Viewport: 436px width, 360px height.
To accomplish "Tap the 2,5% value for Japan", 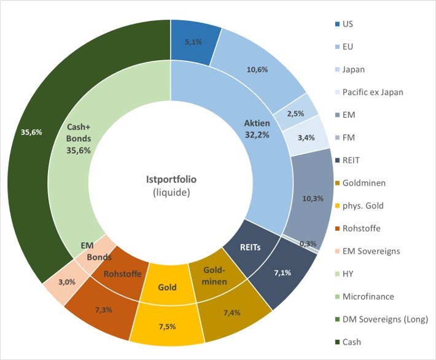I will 297,114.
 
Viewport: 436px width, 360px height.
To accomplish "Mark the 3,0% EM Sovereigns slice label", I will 63,282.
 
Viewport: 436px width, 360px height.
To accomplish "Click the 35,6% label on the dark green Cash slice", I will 30,132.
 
